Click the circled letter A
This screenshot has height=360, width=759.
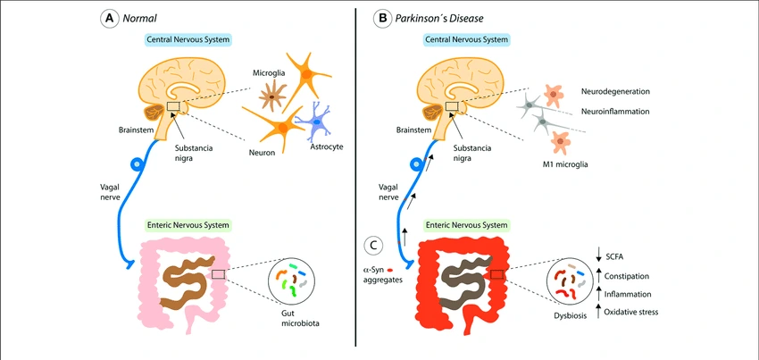pos(110,17)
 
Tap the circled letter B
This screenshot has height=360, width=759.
pos(380,17)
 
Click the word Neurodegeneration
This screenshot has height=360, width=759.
pos(617,91)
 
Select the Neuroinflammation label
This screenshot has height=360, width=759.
pos(615,111)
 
